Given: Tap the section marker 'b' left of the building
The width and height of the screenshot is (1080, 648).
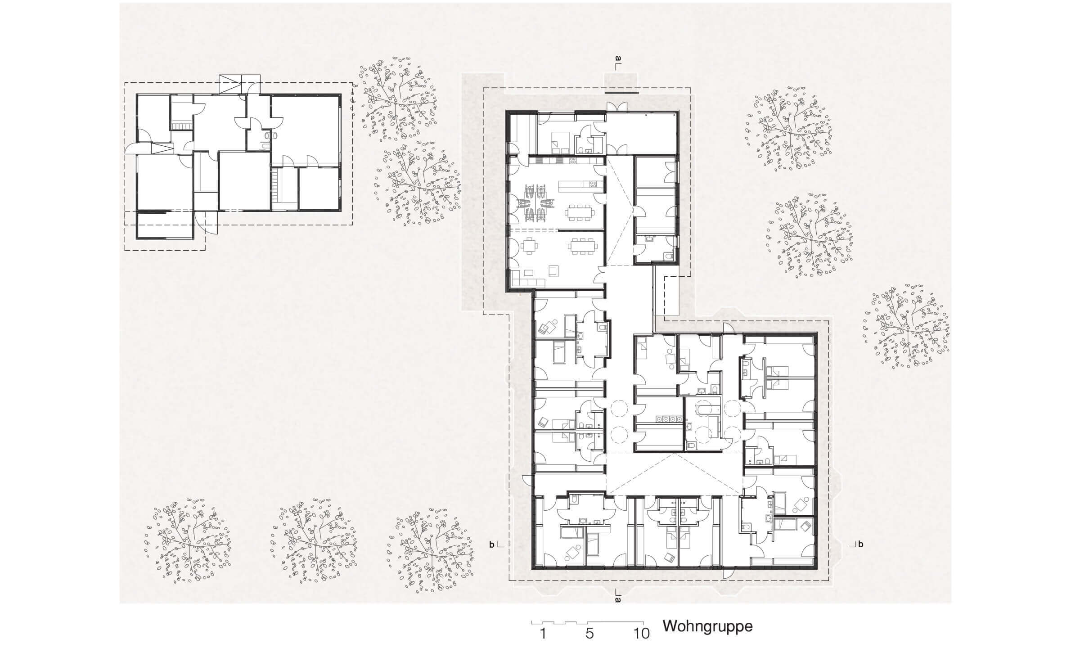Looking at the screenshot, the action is click(x=492, y=545).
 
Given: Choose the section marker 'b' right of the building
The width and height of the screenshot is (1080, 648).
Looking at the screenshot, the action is click(x=860, y=544).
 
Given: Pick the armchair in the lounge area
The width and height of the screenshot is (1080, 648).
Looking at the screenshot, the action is click(x=553, y=270).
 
